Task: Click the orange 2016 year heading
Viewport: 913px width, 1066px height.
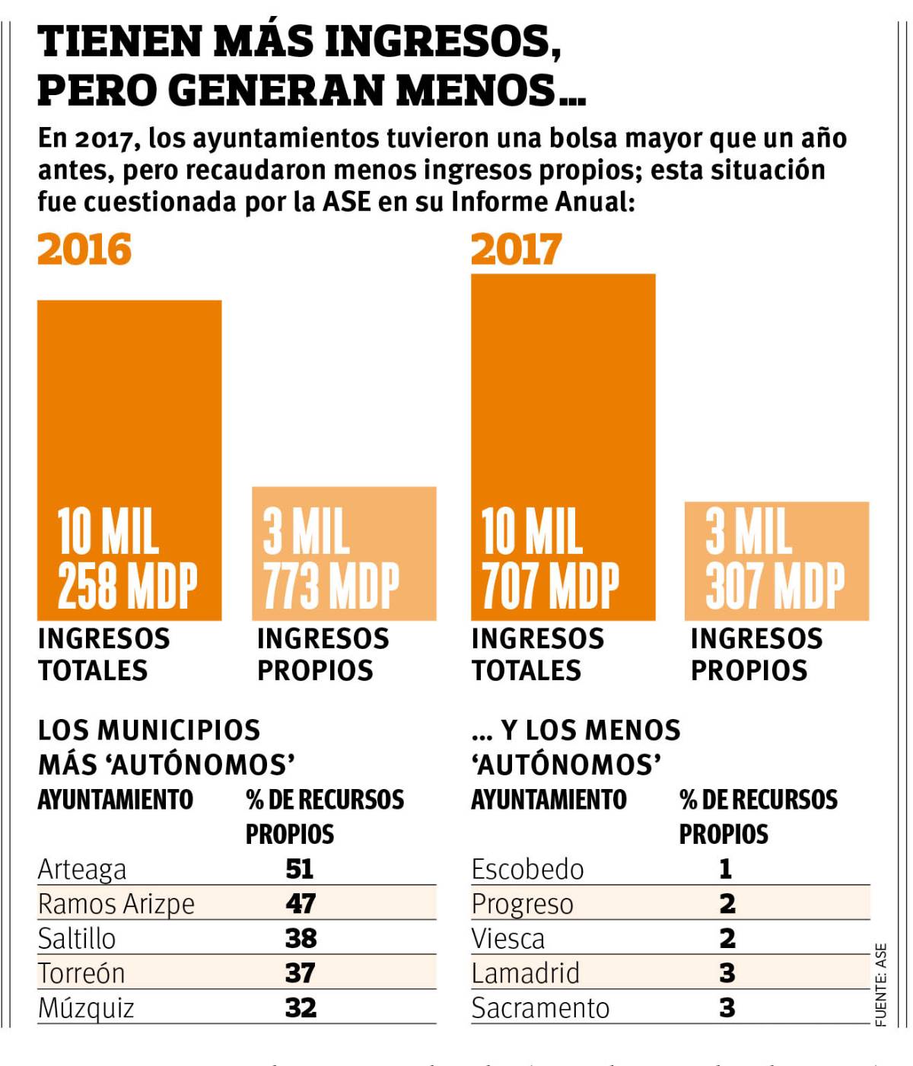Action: point(84,250)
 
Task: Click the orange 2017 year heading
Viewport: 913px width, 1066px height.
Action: point(516,250)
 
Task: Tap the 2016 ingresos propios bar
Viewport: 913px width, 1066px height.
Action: point(344,553)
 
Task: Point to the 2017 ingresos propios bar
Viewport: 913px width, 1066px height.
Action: point(776,561)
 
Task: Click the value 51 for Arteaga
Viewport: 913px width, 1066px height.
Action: point(300,869)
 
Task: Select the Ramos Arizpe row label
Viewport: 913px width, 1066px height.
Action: point(116,904)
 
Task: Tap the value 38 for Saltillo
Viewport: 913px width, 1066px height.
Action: point(301,938)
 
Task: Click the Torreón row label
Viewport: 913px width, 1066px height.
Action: point(81,973)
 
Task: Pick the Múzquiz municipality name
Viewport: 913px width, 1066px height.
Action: point(86,1008)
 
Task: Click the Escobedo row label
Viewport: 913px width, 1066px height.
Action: point(527,869)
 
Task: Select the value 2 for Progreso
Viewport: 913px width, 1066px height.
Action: point(727,904)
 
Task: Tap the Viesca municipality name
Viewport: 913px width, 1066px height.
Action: point(507,939)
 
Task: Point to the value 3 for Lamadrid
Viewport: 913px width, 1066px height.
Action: point(727,973)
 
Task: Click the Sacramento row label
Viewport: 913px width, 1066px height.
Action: point(540,1008)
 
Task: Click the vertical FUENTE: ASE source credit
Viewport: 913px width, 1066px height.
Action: point(881,985)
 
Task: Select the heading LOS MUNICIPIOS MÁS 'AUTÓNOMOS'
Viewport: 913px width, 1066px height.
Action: point(166,747)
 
